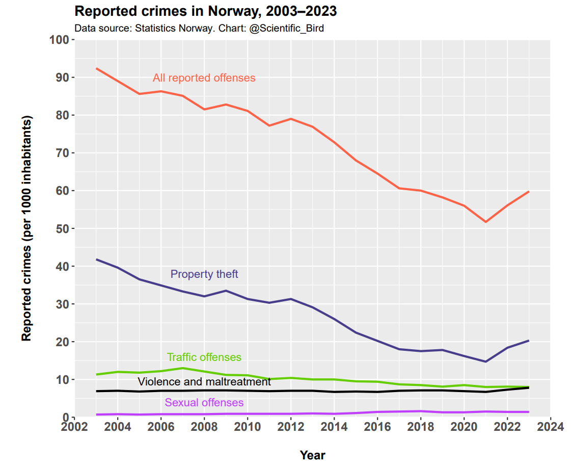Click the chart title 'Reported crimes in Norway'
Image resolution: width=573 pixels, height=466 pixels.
coord(205,11)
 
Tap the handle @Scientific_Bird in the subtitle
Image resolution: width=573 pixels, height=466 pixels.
coord(286,28)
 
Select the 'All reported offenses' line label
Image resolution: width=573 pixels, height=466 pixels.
coord(204,78)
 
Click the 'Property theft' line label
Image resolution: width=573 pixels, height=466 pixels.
coord(204,274)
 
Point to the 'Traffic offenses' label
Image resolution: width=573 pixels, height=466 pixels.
coord(204,357)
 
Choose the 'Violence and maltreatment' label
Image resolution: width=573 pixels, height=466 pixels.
coord(204,382)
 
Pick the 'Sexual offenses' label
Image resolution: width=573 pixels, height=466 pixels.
coord(204,403)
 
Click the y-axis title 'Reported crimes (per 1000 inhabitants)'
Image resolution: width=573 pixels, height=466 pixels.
coord(26,228)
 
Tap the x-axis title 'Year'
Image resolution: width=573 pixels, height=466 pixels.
coord(312,455)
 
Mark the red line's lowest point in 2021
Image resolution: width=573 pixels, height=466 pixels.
coord(485,222)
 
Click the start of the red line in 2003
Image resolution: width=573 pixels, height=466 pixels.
coord(96,68)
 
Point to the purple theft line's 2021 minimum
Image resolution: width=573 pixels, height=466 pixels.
coord(485,361)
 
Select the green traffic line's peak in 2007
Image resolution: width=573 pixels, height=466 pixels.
coord(182,368)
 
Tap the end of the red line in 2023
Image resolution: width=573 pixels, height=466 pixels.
coord(529,192)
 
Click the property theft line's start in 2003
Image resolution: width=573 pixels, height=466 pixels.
coord(96,260)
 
